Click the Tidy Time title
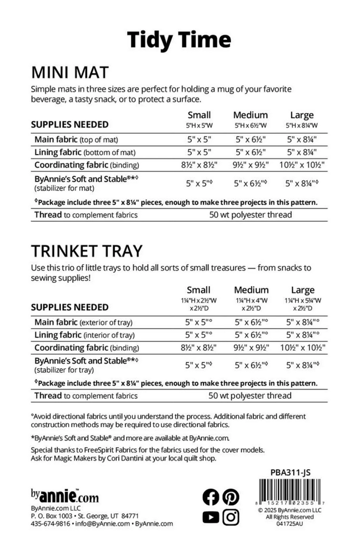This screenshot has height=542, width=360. pyautogui.click(x=179, y=39)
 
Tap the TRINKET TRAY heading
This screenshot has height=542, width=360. pyautogui.click(x=86, y=251)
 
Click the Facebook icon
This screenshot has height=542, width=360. pyautogui.click(x=211, y=497)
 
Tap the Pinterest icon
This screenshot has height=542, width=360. pyautogui.click(x=231, y=497)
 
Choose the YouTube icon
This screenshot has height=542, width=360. pyautogui.click(x=211, y=517)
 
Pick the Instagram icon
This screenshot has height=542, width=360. pyautogui.click(x=231, y=517)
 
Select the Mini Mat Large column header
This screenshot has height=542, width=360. pyautogui.click(x=301, y=115)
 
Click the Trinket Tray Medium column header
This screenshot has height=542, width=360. pyautogui.click(x=251, y=290)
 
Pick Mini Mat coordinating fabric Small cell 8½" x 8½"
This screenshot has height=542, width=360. pyautogui.click(x=198, y=165)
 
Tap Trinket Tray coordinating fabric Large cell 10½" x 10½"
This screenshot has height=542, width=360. pyautogui.click(x=302, y=348)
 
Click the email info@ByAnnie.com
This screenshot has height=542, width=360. pyautogui.click(x=102, y=524)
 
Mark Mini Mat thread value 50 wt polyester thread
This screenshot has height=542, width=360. pyautogui.click(x=250, y=215)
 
